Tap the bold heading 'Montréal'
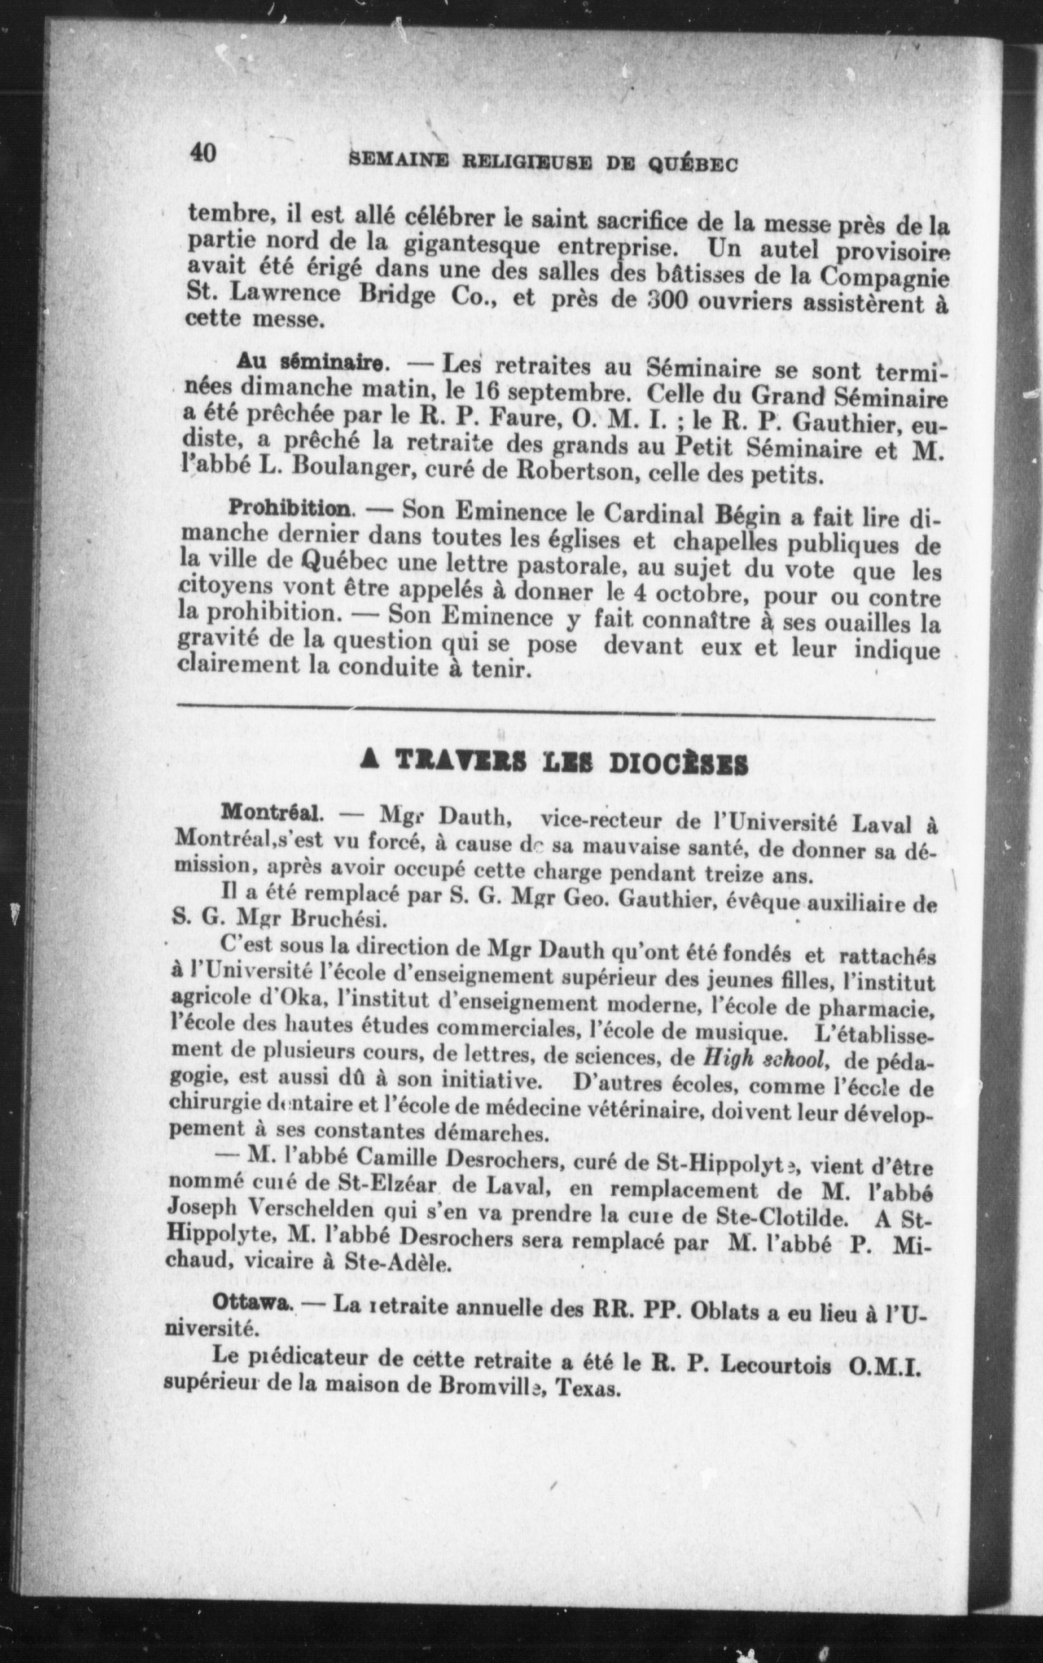click(271, 813)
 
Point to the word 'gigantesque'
click(473, 246)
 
